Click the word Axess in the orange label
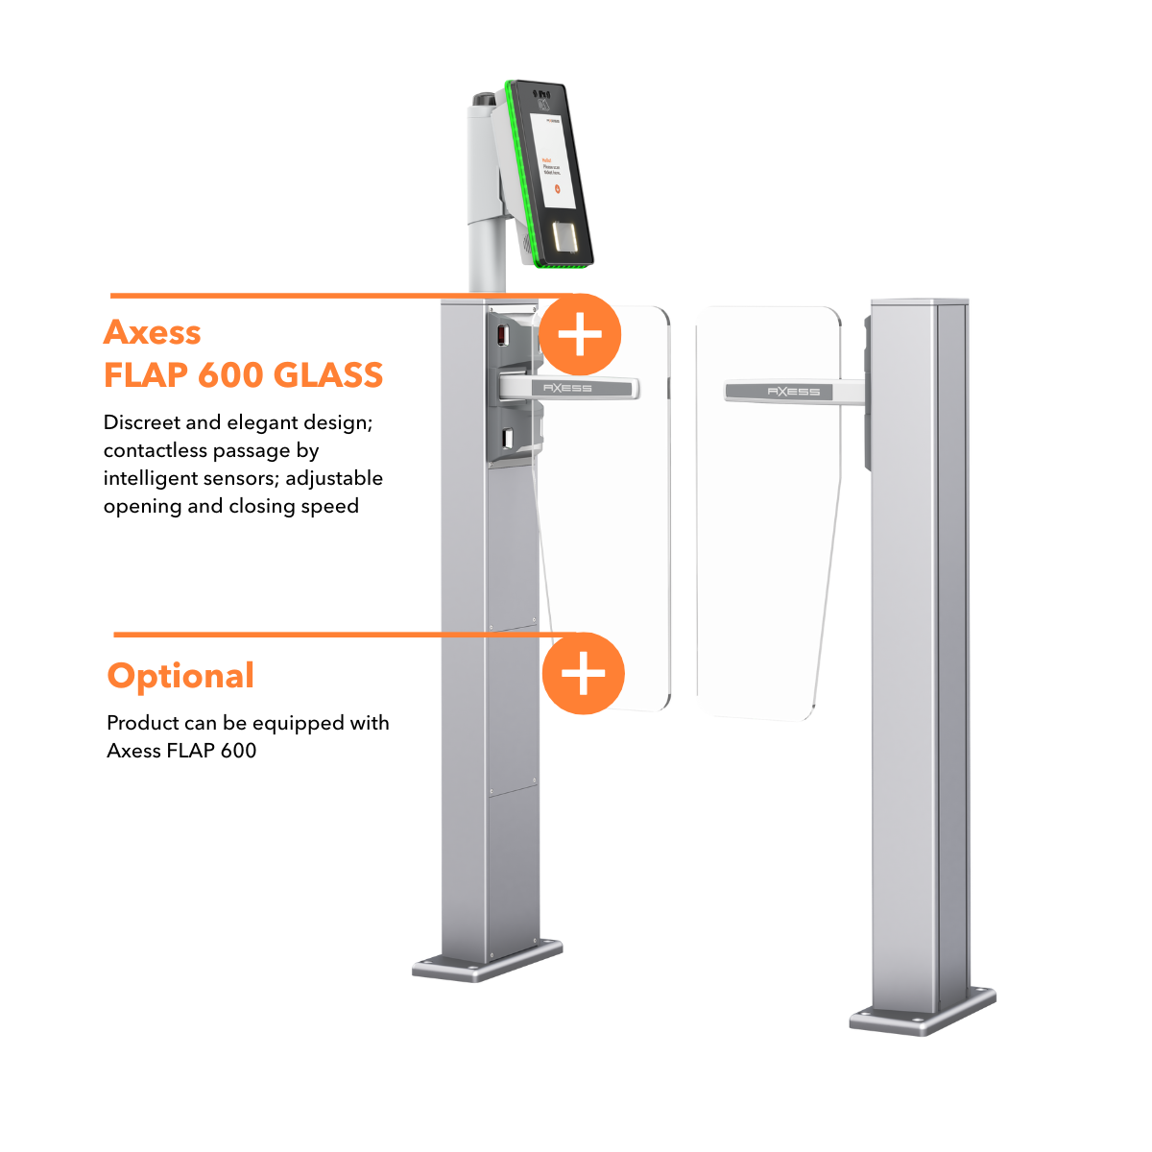pyautogui.click(x=153, y=332)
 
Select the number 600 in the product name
pyautogui.click(x=229, y=374)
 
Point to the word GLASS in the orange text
pyautogui.click(x=328, y=374)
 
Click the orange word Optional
pyautogui.click(x=180, y=676)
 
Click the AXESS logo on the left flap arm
pyautogui.click(x=567, y=388)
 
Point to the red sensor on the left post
pyautogui.click(x=499, y=335)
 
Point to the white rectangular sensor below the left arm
pyautogui.click(x=506, y=440)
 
